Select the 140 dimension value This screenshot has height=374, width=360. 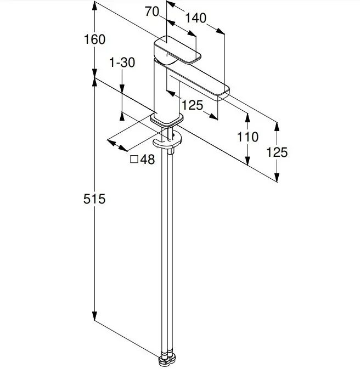[x=196, y=18]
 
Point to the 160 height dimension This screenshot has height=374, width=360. [x=95, y=39]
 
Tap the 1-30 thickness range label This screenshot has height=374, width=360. [x=122, y=63]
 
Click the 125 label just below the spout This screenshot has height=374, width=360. [x=193, y=105]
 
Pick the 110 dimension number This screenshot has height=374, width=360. [x=248, y=137]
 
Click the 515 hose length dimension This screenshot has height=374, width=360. [x=95, y=199]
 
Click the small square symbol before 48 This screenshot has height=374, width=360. [x=133, y=160]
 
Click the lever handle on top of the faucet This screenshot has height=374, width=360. [x=178, y=50]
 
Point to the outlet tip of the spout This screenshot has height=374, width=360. [x=224, y=94]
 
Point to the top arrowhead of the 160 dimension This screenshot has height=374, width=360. [x=95, y=4]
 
